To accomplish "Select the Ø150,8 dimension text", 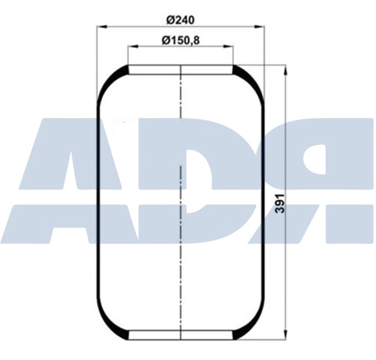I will [181, 40].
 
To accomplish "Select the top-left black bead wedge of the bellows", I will [122, 71].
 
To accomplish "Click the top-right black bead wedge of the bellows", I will [239, 71].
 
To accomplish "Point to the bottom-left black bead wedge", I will [122, 334].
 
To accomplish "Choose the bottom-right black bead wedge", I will [239, 334].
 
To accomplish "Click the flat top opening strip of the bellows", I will [181, 70].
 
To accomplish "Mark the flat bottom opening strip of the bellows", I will [181, 335].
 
